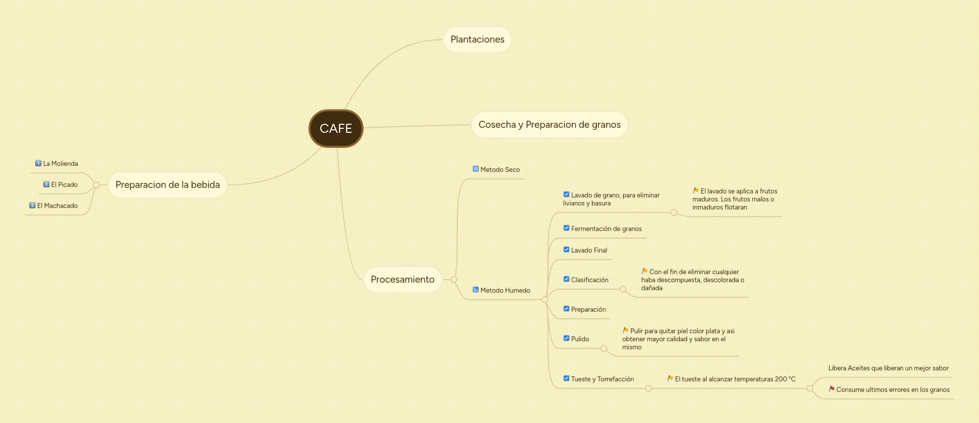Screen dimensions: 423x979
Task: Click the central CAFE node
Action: click(336, 128)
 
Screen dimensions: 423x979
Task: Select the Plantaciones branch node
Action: click(477, 40)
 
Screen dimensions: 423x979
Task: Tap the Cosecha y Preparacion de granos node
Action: click(549, 125)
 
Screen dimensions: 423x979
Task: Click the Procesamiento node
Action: click(402, 280)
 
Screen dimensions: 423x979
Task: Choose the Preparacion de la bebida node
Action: click(168, 185)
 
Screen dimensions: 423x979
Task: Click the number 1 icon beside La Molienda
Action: click(38, 163)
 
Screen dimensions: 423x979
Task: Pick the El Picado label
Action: click(64, 185)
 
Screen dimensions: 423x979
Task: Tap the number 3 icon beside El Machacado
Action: click(32, 205)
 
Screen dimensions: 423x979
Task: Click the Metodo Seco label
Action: click(500, 170)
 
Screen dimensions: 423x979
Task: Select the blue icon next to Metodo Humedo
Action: click(475, 290)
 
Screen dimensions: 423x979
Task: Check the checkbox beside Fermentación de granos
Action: click(566, 228)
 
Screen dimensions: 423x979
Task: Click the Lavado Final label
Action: click(589, 251)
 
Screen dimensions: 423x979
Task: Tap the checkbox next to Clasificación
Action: click(566, 279)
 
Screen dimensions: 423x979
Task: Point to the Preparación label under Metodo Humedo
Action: click(588, 310)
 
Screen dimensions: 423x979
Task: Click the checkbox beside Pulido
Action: click(566, 338)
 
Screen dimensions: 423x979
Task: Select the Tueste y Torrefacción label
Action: click(602, 379)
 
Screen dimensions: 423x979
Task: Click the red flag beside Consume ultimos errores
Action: click(832, 389)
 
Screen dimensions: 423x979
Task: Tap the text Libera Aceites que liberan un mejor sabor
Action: click(888, 368)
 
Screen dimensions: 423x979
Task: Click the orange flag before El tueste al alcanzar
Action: click(670, 378)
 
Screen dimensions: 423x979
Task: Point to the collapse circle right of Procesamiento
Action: click(454, 280)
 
